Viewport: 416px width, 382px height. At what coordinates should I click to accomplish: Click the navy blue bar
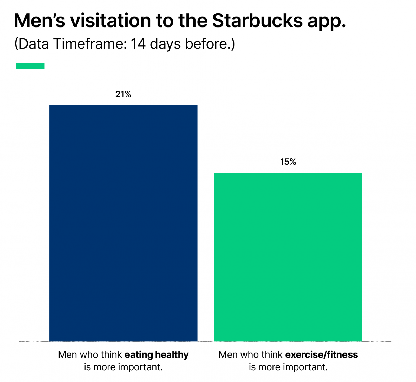pos(123,223)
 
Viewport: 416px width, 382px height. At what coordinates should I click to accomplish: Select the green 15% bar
pos(288,257)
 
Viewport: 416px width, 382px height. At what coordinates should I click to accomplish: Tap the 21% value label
pos(123,94)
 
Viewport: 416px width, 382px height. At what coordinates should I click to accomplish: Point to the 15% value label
pos(288,162)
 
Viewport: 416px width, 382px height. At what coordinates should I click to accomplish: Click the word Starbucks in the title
pos(257,21)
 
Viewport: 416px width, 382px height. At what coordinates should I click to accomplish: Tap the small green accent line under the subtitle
pos(30,66)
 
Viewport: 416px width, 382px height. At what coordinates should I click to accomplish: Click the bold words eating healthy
pos(157,355)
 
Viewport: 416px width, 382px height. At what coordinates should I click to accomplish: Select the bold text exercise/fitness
pos(321,355)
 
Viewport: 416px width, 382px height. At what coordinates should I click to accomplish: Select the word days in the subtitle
pos(165,44)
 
